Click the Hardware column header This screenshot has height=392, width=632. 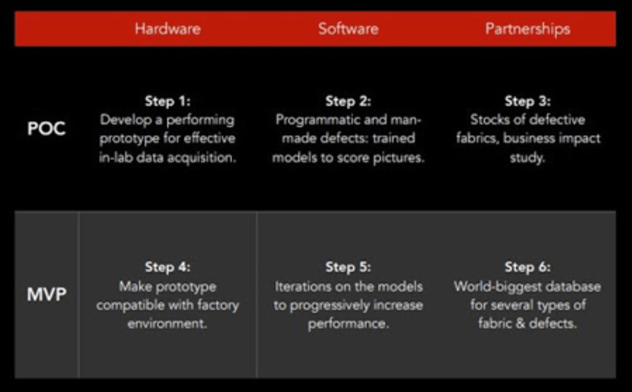pos(167,28)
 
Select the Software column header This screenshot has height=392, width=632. pos(348,28)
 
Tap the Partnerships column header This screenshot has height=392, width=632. pos(528,29)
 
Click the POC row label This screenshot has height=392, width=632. pos(46,128)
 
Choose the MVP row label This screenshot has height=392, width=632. pos(47,294)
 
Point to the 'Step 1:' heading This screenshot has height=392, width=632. pos(167,101)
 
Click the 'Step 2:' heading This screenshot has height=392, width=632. pos(348,101)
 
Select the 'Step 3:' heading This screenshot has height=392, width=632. pos(528,101)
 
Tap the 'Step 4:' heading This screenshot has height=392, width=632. pos(167,266)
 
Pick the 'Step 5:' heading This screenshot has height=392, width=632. pos(348,266)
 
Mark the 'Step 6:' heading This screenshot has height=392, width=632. pos(528,266)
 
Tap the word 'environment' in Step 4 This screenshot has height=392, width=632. pos(166,323)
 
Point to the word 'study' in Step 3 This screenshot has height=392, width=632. pos(526,157)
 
